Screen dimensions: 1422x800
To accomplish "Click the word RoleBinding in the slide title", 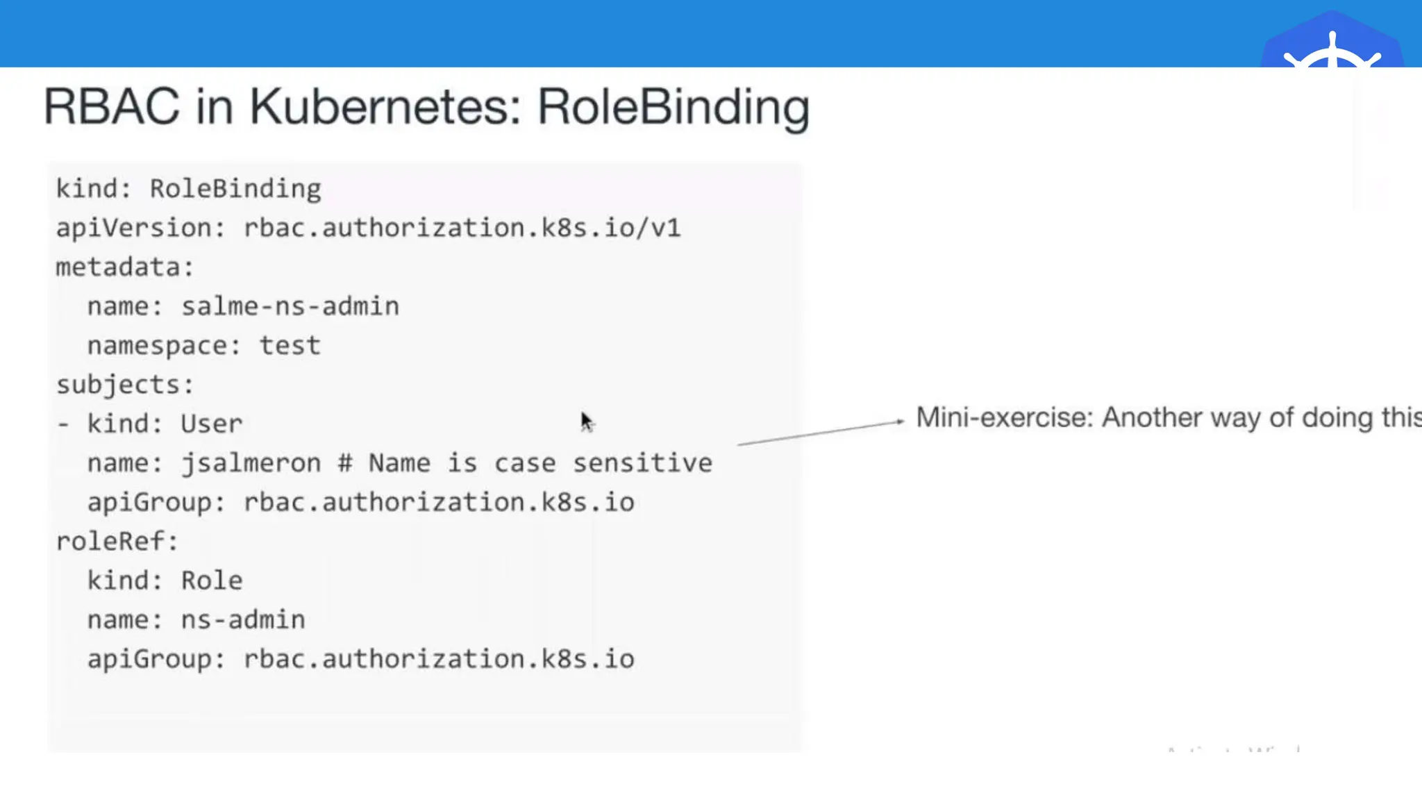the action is click(x=674, y=108).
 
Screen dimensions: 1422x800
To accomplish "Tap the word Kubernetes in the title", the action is click(x=385, y=108).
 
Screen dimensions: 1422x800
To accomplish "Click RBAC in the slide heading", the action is click(x=111, y=108).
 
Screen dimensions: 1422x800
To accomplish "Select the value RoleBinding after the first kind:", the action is click(x=235, y=189).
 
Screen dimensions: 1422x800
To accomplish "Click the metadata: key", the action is click(x=124, y=267).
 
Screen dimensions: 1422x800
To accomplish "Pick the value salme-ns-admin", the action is click(x=290, y=306).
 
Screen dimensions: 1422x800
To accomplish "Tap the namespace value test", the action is click(x=290, y=346).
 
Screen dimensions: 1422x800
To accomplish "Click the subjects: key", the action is click(x=124, y=385).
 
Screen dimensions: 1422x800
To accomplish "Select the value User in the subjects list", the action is click(x=212, y=424).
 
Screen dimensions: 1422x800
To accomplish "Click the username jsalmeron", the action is click(x=251, y=463).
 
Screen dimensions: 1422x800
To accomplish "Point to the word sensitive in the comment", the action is click(x=642, y=463).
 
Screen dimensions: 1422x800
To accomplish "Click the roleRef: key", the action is click(x=117, y=542).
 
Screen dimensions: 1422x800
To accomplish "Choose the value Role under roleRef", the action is click(x=212, y=581).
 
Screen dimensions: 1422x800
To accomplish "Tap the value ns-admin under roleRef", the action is click(x=243, y=619).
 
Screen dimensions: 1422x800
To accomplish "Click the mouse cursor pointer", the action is click(x=587, y=422).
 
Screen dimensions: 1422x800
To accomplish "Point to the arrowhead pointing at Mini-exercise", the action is click(x=900, y=421).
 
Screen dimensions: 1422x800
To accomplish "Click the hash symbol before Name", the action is click(x=345, y=463).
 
